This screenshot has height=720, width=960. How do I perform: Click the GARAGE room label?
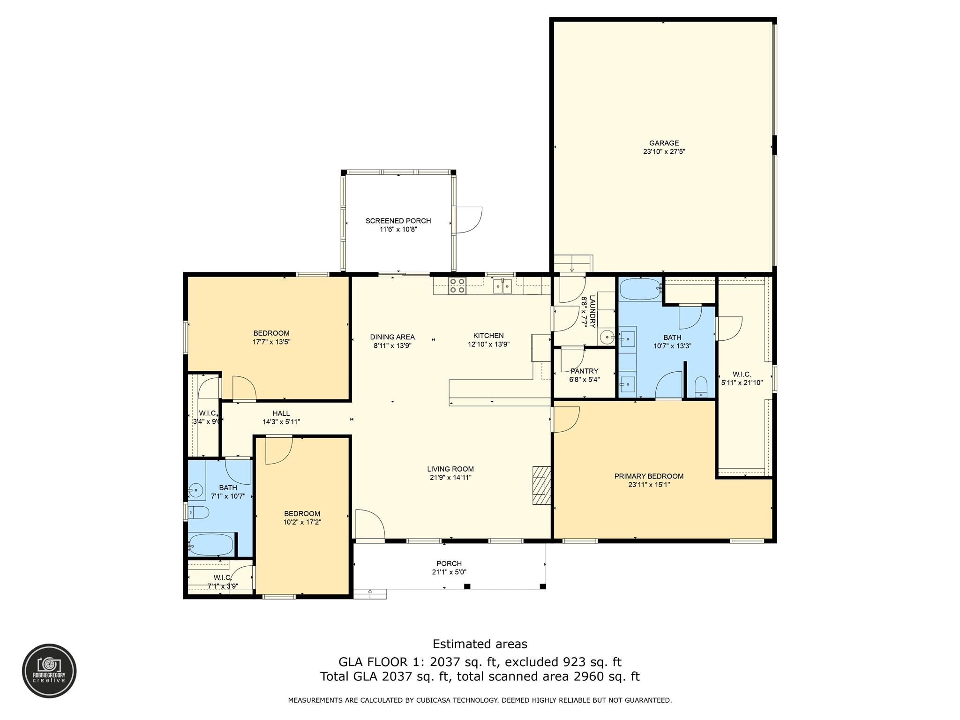click(x=664, y=143)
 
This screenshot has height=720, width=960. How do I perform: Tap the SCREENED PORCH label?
click(x=398, y=221)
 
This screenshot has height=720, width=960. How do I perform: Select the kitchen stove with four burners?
click(x=457, y=285)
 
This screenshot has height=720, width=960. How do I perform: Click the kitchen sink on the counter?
click(x=502, y=286)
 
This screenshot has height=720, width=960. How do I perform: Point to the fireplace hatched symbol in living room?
click(x=541, y=485)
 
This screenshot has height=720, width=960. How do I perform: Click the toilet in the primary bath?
click(x=701, y=387)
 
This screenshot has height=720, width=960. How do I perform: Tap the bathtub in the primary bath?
click(x=640, y=289)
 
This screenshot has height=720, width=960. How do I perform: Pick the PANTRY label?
click(x=585, y=371)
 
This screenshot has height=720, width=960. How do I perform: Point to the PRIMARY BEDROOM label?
click(x=649, y=476)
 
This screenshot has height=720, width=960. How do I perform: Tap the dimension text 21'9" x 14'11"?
click(x=450, y=478)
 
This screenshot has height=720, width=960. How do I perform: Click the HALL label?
click(x=281, y=413)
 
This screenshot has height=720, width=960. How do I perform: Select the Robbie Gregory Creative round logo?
click(x=49, y=671)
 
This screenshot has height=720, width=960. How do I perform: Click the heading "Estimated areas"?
click(x=480, y=644)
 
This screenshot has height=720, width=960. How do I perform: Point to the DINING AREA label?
click(x=392, y=337)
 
